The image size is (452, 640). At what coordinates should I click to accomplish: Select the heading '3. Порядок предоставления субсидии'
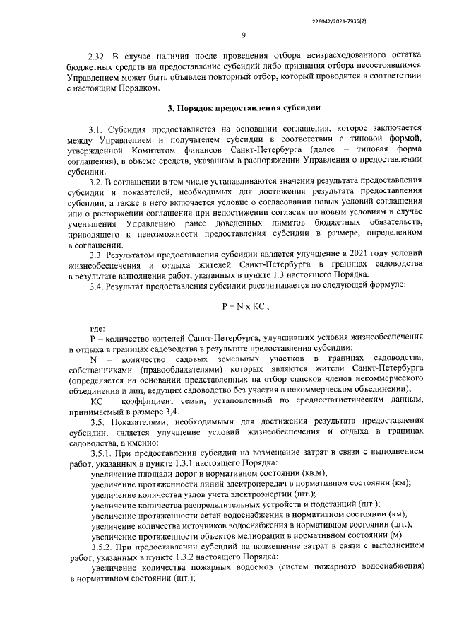tap(244, 108)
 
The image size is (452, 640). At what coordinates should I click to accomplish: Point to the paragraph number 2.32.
tap(97, 55)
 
